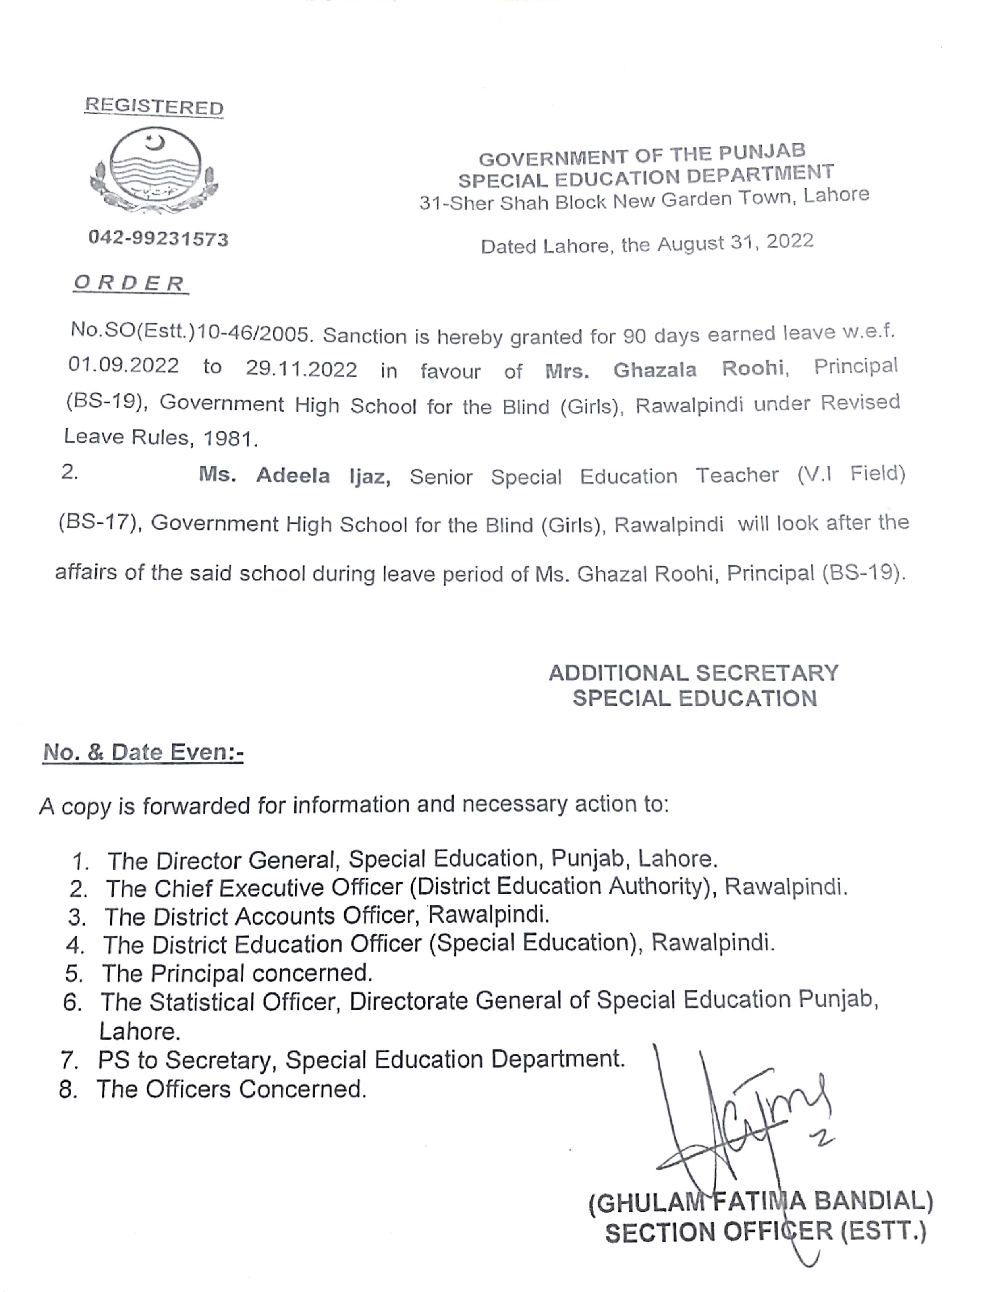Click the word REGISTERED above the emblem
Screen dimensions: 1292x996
point(154,106)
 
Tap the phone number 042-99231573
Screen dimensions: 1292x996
point(158,238)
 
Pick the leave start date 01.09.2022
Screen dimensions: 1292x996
point(124,365)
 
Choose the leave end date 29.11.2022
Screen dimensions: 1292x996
point(301,369)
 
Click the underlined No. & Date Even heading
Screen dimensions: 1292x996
point(143,752)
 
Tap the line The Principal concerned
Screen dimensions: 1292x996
point(237,973)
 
